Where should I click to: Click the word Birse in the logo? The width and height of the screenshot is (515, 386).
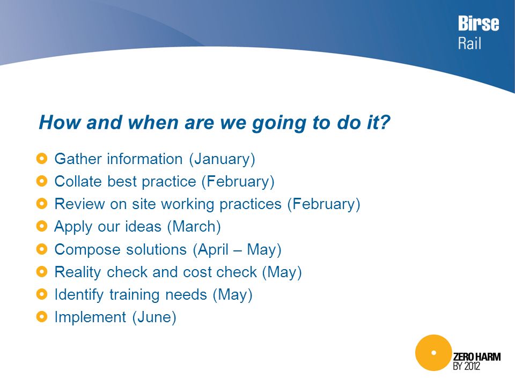tap(479, 23)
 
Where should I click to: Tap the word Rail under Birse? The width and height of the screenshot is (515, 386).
tap(470, 43)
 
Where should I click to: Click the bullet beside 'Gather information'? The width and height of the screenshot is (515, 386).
tap(42, 159)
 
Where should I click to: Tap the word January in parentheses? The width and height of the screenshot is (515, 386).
tap(222, 159)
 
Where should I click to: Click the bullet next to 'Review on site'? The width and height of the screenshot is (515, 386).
tap(42, 204)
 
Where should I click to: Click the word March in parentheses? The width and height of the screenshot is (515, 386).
tap(194, 226)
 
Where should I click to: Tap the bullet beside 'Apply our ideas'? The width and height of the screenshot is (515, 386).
tap(42, 226)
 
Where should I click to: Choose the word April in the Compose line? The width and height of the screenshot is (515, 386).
tap(213, 250)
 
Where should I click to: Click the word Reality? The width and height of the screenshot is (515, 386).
tap(78, 273)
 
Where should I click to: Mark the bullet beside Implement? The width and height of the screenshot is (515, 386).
tap(42, 317)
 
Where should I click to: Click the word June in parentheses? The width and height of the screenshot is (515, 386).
tap(154, 317)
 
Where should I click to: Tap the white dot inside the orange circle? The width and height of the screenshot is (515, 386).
tap(433, 353)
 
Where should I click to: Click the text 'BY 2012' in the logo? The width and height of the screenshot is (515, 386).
tap(466, 366)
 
